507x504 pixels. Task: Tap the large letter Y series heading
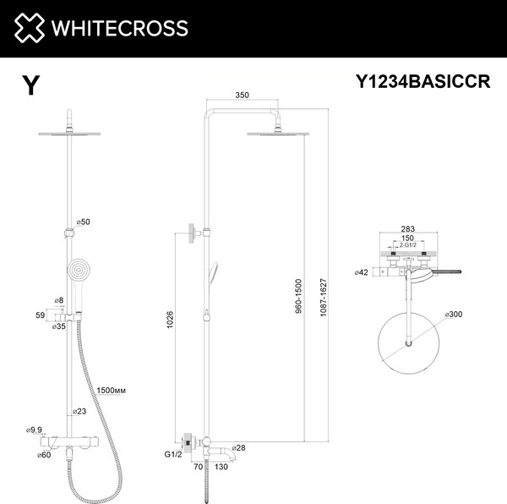[x=30, y=85]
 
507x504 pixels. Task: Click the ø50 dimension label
[x=84, y=222]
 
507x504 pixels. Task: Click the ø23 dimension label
[x=79, y=411]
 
